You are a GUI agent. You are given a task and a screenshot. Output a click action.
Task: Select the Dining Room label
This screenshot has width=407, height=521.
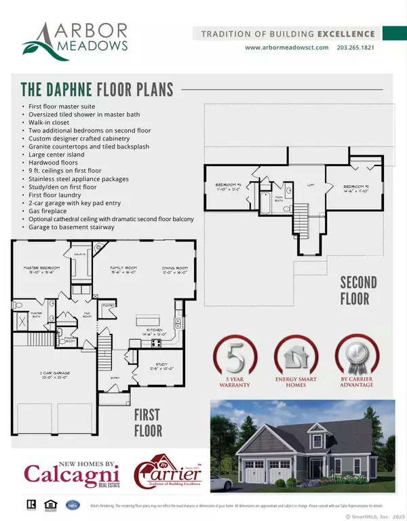coord(174,269)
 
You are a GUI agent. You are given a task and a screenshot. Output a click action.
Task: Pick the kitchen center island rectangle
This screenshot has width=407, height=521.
coord(145,320)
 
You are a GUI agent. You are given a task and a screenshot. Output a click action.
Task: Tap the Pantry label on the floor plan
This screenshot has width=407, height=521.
coord(106,307)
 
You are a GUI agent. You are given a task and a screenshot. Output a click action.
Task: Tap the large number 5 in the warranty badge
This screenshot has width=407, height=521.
coord(232,356)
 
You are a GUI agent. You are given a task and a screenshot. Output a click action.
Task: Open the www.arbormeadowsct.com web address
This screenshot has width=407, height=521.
coord(286,47)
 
